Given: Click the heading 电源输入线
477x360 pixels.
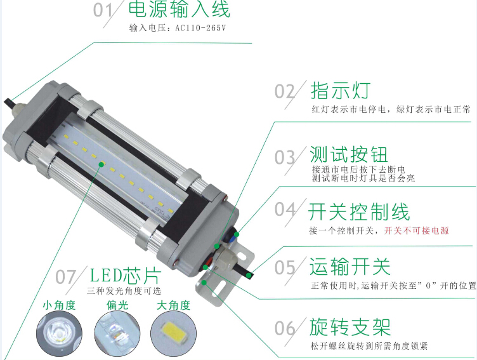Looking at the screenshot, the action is click(x=179, y=9).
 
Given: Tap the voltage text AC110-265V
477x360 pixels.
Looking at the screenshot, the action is click(x=200, y=28).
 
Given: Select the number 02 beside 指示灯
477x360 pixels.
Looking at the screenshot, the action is click(x=285, y=91).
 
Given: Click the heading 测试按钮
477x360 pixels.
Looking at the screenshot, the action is click(x=349, y=154).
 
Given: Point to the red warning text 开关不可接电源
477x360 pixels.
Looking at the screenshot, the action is click(x=417, y=230).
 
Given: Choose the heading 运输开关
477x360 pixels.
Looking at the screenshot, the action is click(x=350, y=267).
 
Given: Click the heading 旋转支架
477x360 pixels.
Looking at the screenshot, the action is click(x=350, y=327).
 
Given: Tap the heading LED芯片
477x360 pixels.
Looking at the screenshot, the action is click(x=126, y=276).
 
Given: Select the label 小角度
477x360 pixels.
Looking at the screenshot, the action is click(x=59, y=305).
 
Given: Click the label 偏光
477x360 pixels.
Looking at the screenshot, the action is click(x=117, y=305).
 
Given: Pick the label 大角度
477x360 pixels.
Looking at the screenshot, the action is click(x=173, y=305).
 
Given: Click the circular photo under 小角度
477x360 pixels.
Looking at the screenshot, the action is click(x=60, y=333).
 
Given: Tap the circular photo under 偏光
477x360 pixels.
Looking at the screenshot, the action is click(x=117, y=333).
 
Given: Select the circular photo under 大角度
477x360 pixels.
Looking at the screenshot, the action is click(x=173, y=333).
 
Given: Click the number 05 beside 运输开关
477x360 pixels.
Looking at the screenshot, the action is click(x=285, y=268).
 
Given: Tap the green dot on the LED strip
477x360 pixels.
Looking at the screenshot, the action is click(x=101, y=164).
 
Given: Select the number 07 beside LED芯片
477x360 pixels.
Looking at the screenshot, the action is click(x=65, y=277).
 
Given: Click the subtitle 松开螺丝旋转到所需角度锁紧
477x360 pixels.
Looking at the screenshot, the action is click(x=369, y=346).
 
